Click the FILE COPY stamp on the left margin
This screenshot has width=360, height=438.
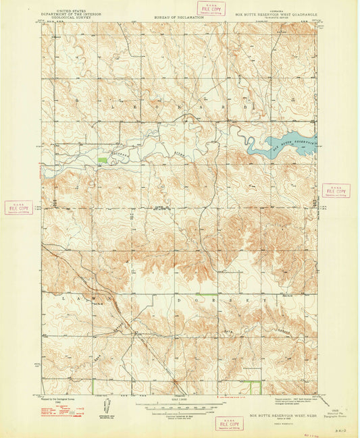click(18, 207)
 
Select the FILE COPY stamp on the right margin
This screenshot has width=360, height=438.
click(336, 191)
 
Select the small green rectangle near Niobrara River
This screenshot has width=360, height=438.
click(102, 160)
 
